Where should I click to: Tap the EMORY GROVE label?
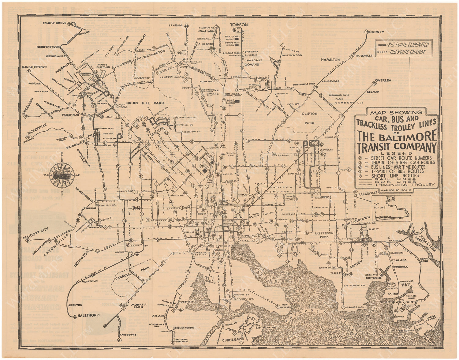click(x=55, y=23)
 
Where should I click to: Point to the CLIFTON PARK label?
click(x=309, y=118)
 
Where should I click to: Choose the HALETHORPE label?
click(x=89, y=315)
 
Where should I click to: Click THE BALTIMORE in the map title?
click(x=397, y=135)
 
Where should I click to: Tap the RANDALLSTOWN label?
click(x=34, y=67)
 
